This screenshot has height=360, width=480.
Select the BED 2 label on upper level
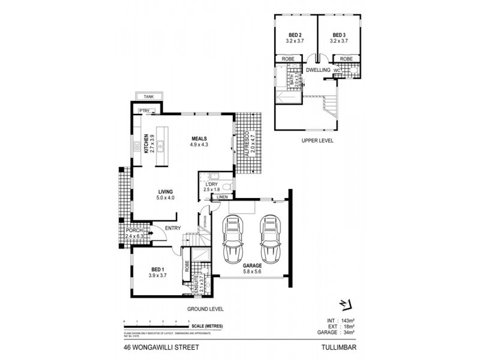pos(295,35)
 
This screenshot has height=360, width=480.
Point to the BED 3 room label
pos(339,35)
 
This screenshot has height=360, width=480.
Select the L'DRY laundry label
pos(211,185)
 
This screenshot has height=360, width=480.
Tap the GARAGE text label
pos(252,265)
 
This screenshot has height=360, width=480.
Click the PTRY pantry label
pos(144,111)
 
